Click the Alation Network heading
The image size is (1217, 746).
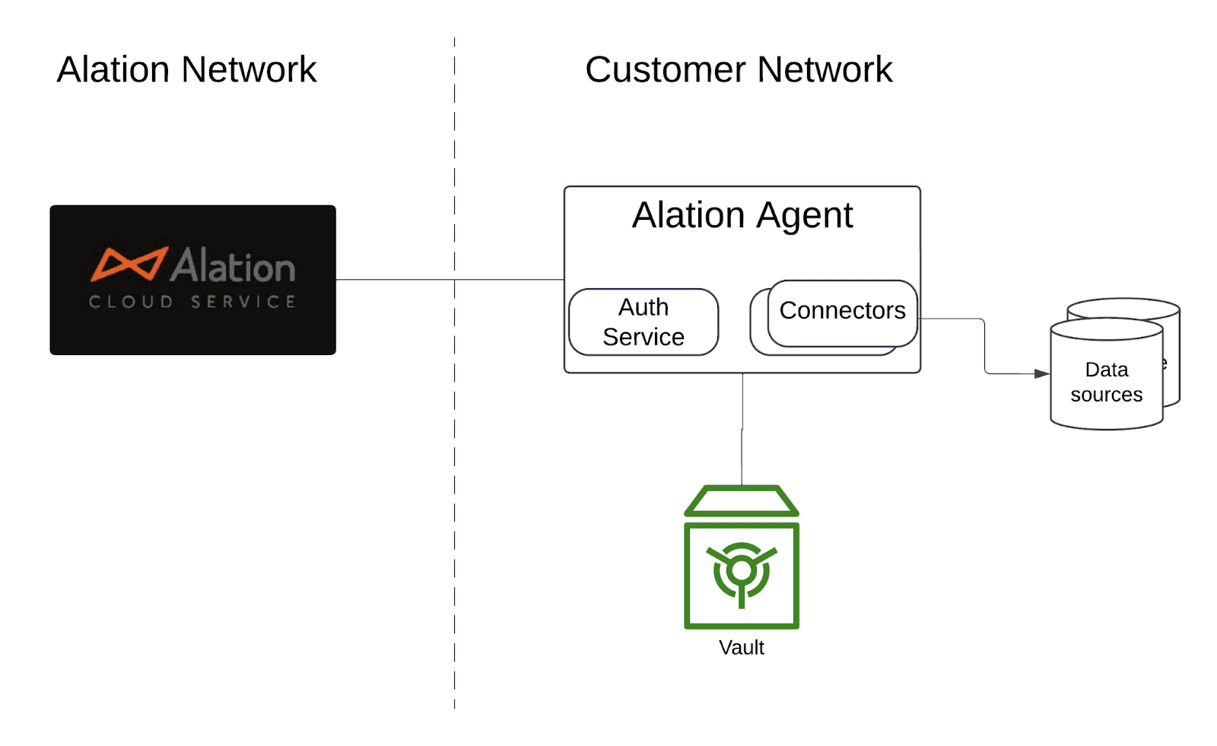pyautogui.click(x=186, y=70)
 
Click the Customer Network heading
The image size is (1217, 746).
pyautogui.click(x=738, y=70)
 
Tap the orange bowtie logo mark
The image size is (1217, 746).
pyautogui.click(x=129, y=264)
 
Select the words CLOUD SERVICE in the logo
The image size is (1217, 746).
pyautogui.click(x=192, y=302)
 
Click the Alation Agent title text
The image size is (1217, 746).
pyautogui.click(x=742, y=215)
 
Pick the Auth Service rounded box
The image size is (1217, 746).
pyautogui.click(x=643, y=322)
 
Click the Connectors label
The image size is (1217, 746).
pyautogui.click(x=842, y=310)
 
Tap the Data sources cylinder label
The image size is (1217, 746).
pyautogui.click(x=1106, y=382)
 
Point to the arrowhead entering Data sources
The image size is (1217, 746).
pyautogui.click(x=1042, y=373)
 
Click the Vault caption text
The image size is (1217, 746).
pyautogui.click(x=741, y=647)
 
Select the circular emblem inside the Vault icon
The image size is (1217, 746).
pyautogui.click(x=742, y=571)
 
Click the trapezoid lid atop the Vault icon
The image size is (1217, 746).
pyautogui.click(x=742, y=501)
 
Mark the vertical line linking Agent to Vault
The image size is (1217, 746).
pyautogui.click(x=742, y=430)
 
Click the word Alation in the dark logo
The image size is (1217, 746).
pyautogui.click(x=233, y=266)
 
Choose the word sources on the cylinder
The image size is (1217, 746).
pyautogui.click(x=1106, y=395)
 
